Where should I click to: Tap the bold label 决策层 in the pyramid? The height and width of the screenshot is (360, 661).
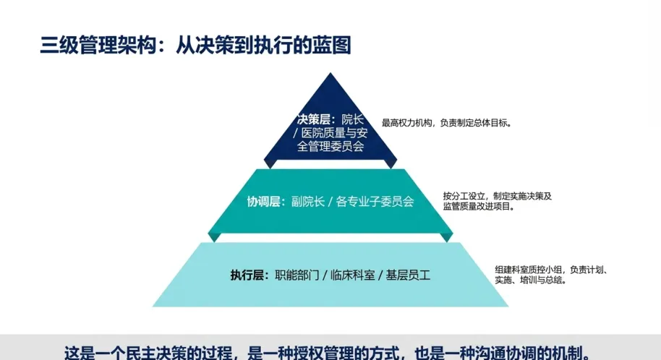(x=313, y=119)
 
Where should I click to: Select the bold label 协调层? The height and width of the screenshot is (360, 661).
(x=264, y=202)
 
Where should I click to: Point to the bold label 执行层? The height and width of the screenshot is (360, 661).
(x=247, y=275)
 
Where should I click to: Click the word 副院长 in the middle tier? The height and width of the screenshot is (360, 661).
(x=308, y=202)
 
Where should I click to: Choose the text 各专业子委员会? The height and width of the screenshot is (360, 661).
(x=375, y=202)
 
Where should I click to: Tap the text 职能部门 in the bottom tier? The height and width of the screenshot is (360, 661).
(x=297, y=275)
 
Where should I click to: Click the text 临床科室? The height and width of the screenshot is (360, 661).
(x=353, y=275)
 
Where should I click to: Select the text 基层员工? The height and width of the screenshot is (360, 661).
(x=408, y=275)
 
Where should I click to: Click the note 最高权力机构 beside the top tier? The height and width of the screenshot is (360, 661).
(x=407, y=123)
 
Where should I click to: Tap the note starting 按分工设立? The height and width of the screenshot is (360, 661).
(x=498, y=201)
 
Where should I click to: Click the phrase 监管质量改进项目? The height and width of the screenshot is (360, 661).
(x=477, y=207)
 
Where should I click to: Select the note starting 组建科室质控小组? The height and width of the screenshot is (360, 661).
(x=550, y=275)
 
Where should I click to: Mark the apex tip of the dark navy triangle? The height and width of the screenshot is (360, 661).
(x=330, y=73)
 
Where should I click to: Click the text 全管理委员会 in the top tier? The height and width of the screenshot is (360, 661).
(x=330, y=146)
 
